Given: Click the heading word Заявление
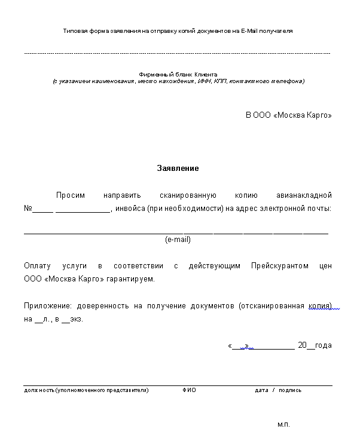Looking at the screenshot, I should [178, 169].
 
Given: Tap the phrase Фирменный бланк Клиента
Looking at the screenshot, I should [178, 74].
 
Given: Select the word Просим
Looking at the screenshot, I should [71, 195].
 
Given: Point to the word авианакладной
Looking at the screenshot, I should [304, 195].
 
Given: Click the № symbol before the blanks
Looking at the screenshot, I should [28, 209].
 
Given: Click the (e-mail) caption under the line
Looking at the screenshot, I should [178, 240].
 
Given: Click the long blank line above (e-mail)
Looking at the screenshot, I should [176, 232].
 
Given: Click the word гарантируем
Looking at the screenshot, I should [135, 278].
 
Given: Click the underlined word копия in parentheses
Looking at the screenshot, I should [321, 305].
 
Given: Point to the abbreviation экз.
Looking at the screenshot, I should [77, 319].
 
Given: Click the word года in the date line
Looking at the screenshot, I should [323, 345].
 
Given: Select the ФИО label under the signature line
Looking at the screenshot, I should [189, 390].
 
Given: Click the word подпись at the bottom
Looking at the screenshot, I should [289, 390].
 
